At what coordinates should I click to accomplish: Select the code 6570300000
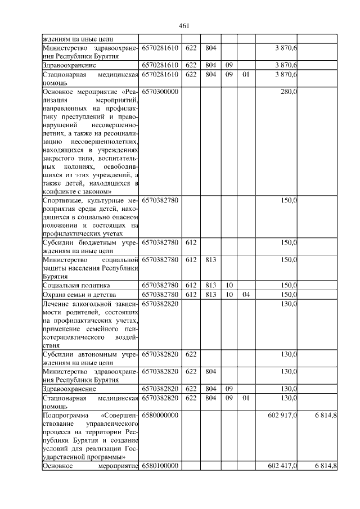(160, 92)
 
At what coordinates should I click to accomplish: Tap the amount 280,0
(289, 92)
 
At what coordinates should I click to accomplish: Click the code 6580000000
(160, 415)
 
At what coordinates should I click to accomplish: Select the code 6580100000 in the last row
(160, 466)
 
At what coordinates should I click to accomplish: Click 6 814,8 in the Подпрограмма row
(323, 415)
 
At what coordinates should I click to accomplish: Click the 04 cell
(245, 295)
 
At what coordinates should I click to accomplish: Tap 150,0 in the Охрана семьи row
(289, 295)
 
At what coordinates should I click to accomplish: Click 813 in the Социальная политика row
(210, 285)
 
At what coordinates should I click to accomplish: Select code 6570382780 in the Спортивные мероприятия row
(160, 200)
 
